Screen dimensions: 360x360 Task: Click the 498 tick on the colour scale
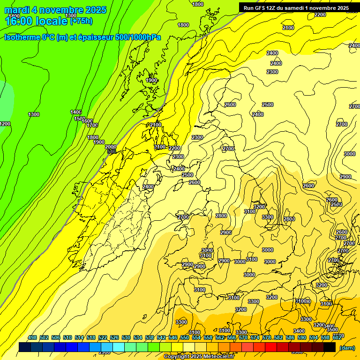[32, 337]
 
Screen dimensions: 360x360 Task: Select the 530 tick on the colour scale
[126, 337]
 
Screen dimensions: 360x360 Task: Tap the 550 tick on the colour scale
[184, 337]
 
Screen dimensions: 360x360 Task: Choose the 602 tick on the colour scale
[337, 337]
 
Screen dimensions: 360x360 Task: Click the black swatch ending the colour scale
[330, 347]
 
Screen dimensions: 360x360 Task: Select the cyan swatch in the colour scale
[119, 347]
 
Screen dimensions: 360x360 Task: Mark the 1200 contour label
[5, 124]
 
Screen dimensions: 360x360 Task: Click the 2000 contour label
[111, 147]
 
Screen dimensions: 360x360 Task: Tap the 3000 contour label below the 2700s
[350, 154]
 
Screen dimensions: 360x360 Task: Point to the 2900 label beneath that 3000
[345, 177]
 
